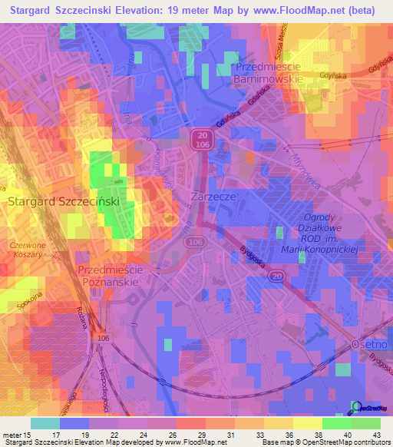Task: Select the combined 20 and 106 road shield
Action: coord(199,139)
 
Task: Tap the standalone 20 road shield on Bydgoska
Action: coord(278,275)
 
